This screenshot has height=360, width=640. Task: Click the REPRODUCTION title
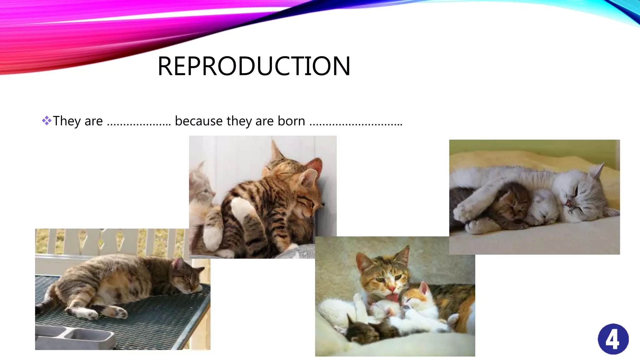tap(254, 66)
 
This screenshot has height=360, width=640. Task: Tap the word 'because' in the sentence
tap(198, 121)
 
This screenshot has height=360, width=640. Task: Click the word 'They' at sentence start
tap(67, 121)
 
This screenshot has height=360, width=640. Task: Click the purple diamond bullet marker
tap(47, 121)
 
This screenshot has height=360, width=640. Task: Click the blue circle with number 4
tap(613, 339)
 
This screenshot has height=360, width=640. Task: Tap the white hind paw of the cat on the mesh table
tap(89, 314)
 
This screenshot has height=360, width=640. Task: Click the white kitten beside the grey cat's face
tap(545, 208)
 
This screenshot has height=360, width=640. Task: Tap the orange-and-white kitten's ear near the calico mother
tap(424, 287)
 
